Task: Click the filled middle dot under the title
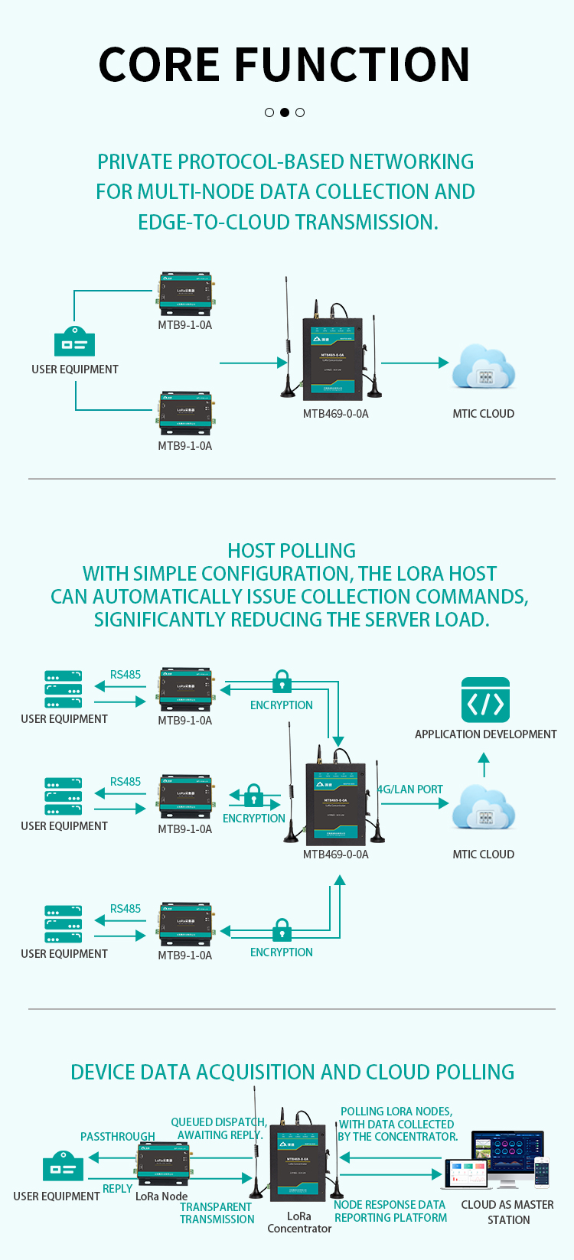point(285,112)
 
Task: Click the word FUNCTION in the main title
point(351,64)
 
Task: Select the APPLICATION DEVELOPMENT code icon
point(485,700)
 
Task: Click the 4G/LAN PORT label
point(411,790)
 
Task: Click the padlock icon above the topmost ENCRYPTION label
point(282,681)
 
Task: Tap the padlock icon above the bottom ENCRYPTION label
point(282,929)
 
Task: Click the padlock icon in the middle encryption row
point(254,795)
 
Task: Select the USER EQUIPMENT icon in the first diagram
point(74,342)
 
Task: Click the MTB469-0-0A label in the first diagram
point(335,414)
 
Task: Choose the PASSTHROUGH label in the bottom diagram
point(118,1137)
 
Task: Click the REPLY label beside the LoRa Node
point(118,1189)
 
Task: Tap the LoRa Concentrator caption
point(299,1222)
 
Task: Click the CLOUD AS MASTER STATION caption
point(507,1212)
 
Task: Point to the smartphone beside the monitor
point(541,1172)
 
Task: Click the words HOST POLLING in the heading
point(292,551)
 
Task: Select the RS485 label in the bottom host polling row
point(126,909)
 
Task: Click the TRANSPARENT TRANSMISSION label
point(217,1213)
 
